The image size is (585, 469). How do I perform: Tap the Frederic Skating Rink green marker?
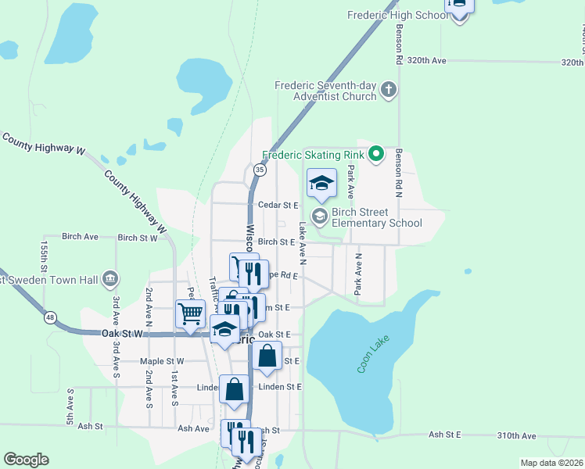tap(375, 154)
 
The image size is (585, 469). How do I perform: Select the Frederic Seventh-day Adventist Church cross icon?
tap(389, 91)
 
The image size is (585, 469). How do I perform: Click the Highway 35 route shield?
tap(260, 169)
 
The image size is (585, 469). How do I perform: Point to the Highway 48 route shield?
tap(50, 317)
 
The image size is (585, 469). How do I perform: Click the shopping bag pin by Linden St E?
tap(235, 388)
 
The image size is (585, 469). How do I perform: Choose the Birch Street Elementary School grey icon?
tap(319, 215)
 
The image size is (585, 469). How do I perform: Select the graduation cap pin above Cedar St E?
tap(321, 184)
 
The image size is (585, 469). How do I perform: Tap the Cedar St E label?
tap(280, 206)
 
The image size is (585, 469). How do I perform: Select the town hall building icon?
tap(110, 279)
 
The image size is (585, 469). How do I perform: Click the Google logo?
tap(26, 460)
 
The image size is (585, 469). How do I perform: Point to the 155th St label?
tap(45, 263)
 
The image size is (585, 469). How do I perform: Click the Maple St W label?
tap(161, 361)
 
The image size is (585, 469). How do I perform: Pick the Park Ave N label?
tap(359, 273)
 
